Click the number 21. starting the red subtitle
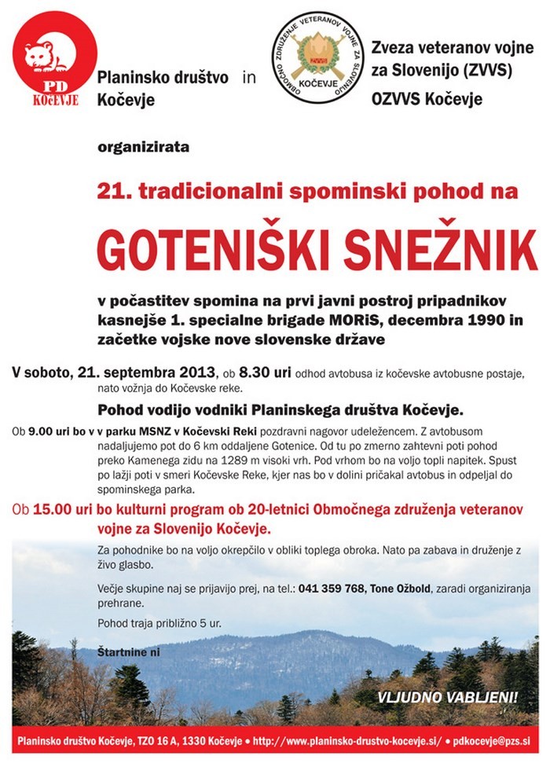coord(112,190)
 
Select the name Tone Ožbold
coord(411,589)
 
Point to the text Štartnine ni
coord(128,652)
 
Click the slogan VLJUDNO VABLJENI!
coord(448,696)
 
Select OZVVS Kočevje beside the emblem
coord(426,100)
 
